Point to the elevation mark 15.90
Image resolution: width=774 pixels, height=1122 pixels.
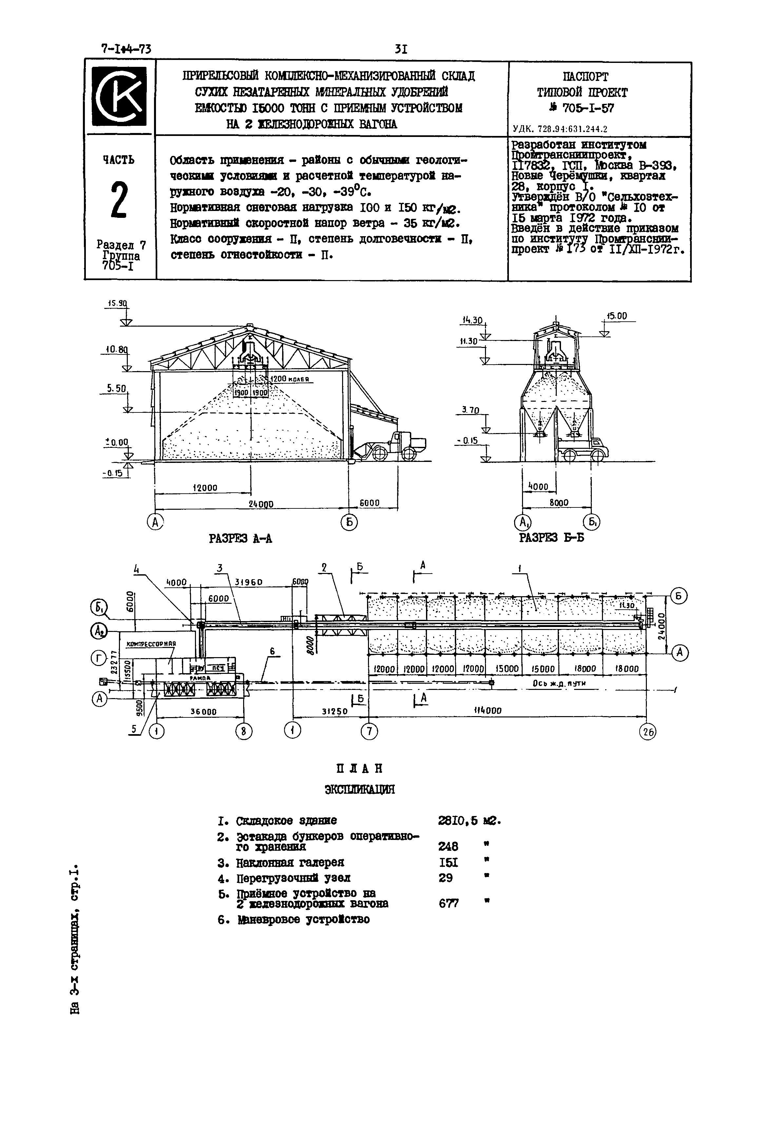117,304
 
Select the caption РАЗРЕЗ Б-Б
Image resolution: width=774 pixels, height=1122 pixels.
551,538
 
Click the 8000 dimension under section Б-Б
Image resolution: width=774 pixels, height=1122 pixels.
559,503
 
